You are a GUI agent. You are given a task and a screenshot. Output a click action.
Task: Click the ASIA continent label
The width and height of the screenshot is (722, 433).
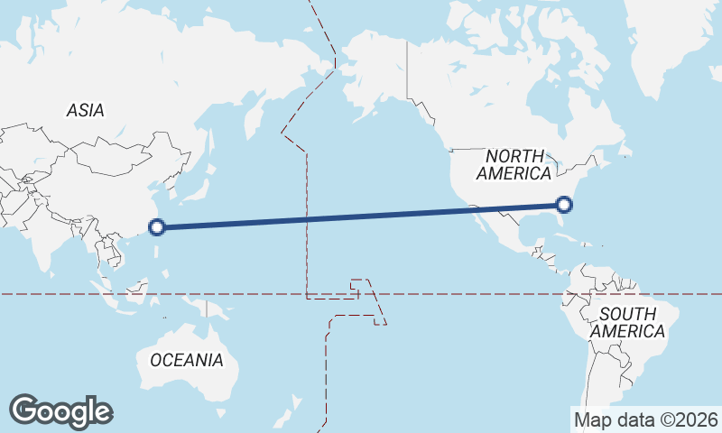point(86,110)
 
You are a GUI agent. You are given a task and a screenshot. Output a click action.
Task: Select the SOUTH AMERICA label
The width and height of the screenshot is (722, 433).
point(628,322)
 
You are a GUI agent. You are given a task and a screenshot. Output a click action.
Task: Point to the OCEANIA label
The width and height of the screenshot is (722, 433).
point(186,360)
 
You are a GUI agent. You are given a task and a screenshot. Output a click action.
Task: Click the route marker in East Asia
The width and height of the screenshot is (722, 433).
point(157,227)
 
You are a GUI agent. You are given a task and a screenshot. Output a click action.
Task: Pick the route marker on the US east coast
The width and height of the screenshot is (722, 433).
point(565,205)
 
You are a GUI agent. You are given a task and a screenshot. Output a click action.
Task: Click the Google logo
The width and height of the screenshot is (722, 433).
point(60,411)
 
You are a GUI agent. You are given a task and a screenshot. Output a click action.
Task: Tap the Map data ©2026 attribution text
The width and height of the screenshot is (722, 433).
point(646,419)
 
